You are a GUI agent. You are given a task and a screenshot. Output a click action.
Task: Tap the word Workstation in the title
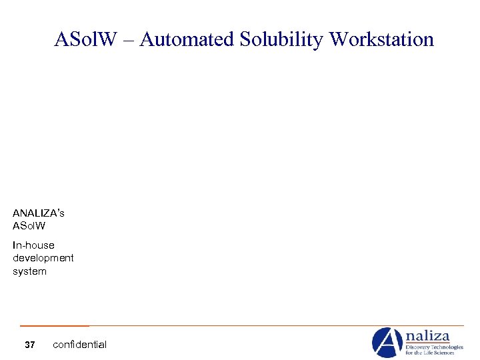click(382, 39)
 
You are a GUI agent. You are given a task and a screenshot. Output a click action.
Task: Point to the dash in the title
click(128, 40)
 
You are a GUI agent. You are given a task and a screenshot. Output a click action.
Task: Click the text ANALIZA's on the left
click(38, 213)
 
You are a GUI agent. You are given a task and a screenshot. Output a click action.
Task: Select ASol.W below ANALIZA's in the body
click(29, 226)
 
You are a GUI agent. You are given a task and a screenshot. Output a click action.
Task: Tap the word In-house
click(33, 245)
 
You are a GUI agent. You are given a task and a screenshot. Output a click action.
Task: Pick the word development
click(43, 258)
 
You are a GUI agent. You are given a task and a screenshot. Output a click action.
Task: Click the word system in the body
click(29, 271)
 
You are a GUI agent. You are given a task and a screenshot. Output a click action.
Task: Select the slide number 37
click(29, 345)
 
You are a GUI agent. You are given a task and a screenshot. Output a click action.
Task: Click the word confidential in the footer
click(79, 345)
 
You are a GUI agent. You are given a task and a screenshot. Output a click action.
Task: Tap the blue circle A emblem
click(387, 342)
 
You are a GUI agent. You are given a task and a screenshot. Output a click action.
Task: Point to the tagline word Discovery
click(420, 347)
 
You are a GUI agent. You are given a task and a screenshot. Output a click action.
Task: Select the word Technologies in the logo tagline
click(449, 347)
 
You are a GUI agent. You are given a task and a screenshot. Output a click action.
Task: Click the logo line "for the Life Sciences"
click(431, 353)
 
